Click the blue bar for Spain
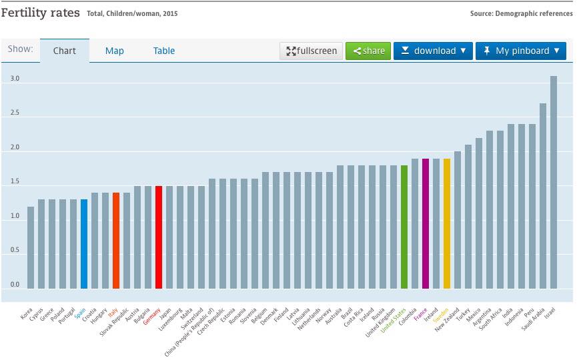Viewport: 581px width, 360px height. [84, 244]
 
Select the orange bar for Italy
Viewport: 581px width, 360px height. [116, 241]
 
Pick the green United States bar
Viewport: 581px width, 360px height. [404, 227]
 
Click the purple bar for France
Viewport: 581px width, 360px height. [426, 223]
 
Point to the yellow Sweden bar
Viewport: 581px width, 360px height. [447, 223]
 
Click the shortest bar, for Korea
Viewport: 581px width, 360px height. [31, 247]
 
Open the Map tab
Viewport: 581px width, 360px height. [115, 51]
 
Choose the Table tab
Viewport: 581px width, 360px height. [164, 51]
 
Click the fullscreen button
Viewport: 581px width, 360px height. [312, 51]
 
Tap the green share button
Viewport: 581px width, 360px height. [368, 51]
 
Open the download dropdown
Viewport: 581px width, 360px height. [433, 51]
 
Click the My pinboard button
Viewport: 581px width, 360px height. [521, 51]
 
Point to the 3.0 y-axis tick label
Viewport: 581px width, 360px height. [15, 79]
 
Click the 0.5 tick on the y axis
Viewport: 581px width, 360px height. [15, 251]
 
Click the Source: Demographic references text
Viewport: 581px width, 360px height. [521, 13]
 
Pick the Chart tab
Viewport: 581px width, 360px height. [65, 51]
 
